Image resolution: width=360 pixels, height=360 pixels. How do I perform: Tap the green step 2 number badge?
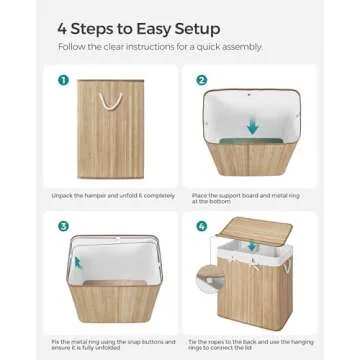point(200,82)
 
